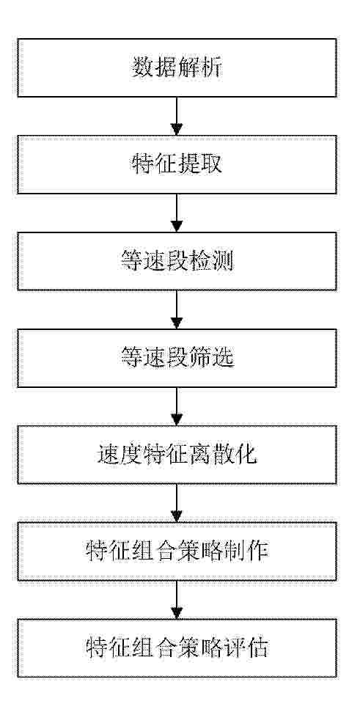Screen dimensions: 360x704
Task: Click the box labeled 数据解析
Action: pyautogui.click(x=177, y=67)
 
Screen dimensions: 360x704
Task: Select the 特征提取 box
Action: pyautogui.click(x=177, y=165)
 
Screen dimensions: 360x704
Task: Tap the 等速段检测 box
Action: pyautogui.click(x=177, y=261)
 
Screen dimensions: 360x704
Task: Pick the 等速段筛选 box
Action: pyautogui.click(x=177, y=358)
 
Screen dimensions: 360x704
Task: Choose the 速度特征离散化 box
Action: pyautogui.click(x=177, y=455)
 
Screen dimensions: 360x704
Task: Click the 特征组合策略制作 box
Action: pyautogui.click(x=177, y=551)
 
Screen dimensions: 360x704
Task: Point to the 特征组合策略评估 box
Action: pyautogui.click(x=177, y=648)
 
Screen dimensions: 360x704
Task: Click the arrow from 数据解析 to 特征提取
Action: pyautogui.click(x=177, y=117)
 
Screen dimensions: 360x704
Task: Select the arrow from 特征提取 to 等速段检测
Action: pyautogui.click(x=177, y=213)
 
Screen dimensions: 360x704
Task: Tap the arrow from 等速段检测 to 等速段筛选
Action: pyautogui.click(x=177, y=309)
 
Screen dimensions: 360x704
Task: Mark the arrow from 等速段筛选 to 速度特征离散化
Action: pyautogui.click(x=177, y=406)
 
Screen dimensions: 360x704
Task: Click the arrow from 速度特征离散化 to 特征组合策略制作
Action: pyautogui.click(x=177, y=503)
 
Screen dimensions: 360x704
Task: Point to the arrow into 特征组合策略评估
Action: pyautogui.click(x=177, y=600)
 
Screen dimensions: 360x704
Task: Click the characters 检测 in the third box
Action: pyautogui.click(x=211, y=262)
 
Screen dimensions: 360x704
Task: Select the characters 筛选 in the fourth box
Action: pyautogui.click(x=211, y=359)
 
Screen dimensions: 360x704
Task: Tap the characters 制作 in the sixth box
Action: pyautogui.click(x=246, y=551)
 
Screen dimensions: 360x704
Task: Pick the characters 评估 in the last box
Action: pyautogui.click(x=246, y=648)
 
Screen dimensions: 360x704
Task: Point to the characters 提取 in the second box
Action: pyautogui.click(x=199, y=165)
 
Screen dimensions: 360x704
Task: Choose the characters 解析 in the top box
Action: pyautogui.click(x=199, y=68)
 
